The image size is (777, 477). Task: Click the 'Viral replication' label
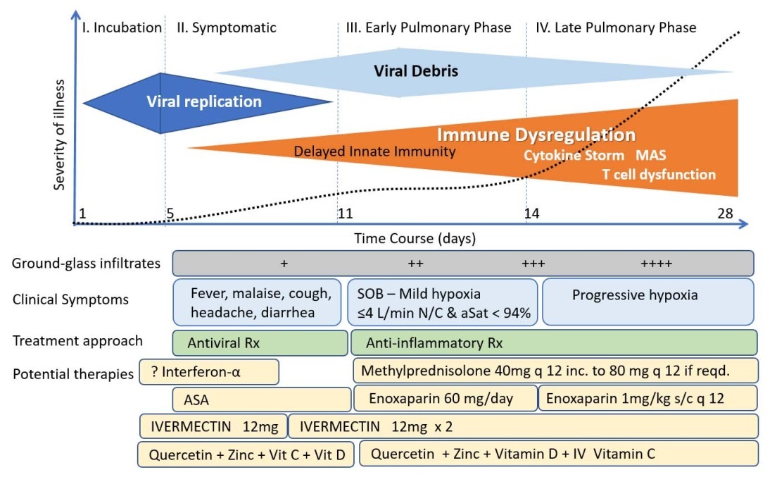tap(204, 101)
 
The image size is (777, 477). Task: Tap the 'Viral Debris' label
tap(416, 71)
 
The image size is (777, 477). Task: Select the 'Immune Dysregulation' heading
tap(536, 135)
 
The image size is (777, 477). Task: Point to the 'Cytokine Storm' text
tap(574, 155)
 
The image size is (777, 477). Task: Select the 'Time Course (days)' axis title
tap(415, 238)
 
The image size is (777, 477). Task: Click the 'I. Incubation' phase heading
tap(122, 28)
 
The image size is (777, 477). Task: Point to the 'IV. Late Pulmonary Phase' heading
tap(615, 28)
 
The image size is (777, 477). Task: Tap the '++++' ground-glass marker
tap(656, 264)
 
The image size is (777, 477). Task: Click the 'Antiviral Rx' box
tap(261, 343)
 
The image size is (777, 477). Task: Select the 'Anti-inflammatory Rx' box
tap(554, 343)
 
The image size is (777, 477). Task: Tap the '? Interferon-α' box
tap(210, 371)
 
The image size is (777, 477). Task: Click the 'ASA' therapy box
tap(262, 399)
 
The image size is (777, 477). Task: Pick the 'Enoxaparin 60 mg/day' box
tap(445, 399)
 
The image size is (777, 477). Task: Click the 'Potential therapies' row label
tap(72, 373)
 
